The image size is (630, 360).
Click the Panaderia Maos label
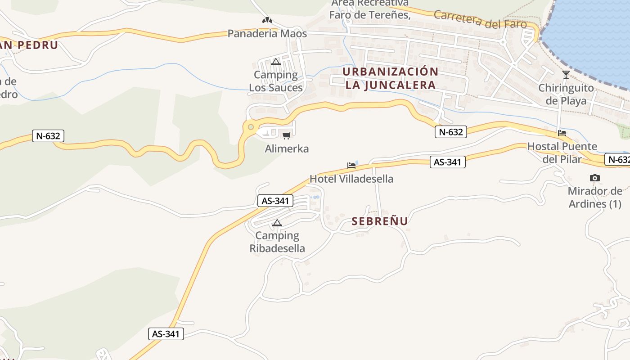[267, 34]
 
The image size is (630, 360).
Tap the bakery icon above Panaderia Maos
[267, 20]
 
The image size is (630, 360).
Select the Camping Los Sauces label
[276, 81]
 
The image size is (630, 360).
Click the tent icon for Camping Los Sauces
[276, 62]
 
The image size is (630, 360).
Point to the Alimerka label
[287, 148]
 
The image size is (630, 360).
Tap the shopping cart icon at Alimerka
[286, 135]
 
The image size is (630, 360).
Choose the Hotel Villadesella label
[351, 179]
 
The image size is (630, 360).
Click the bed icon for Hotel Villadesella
[351, 166]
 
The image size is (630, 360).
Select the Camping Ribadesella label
[277, 242]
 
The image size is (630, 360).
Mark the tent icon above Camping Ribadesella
[277, 223]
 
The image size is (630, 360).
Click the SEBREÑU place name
[380, 221]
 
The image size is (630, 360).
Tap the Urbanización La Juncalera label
[390, 78]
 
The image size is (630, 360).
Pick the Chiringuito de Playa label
[566, 94]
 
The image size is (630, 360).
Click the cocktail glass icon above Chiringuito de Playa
[566, 75]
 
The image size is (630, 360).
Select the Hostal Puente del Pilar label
[562, 153]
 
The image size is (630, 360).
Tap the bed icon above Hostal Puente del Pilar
[562, 133]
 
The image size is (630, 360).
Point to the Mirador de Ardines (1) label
[595, 198]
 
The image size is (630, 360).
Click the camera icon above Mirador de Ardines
[595, 178]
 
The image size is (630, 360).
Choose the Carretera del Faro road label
[480, 19]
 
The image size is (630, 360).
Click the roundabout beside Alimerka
[251, 127]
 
